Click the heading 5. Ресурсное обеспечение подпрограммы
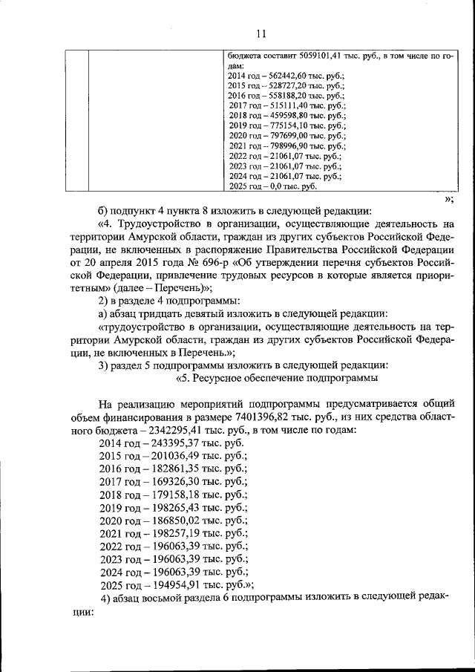277,378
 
